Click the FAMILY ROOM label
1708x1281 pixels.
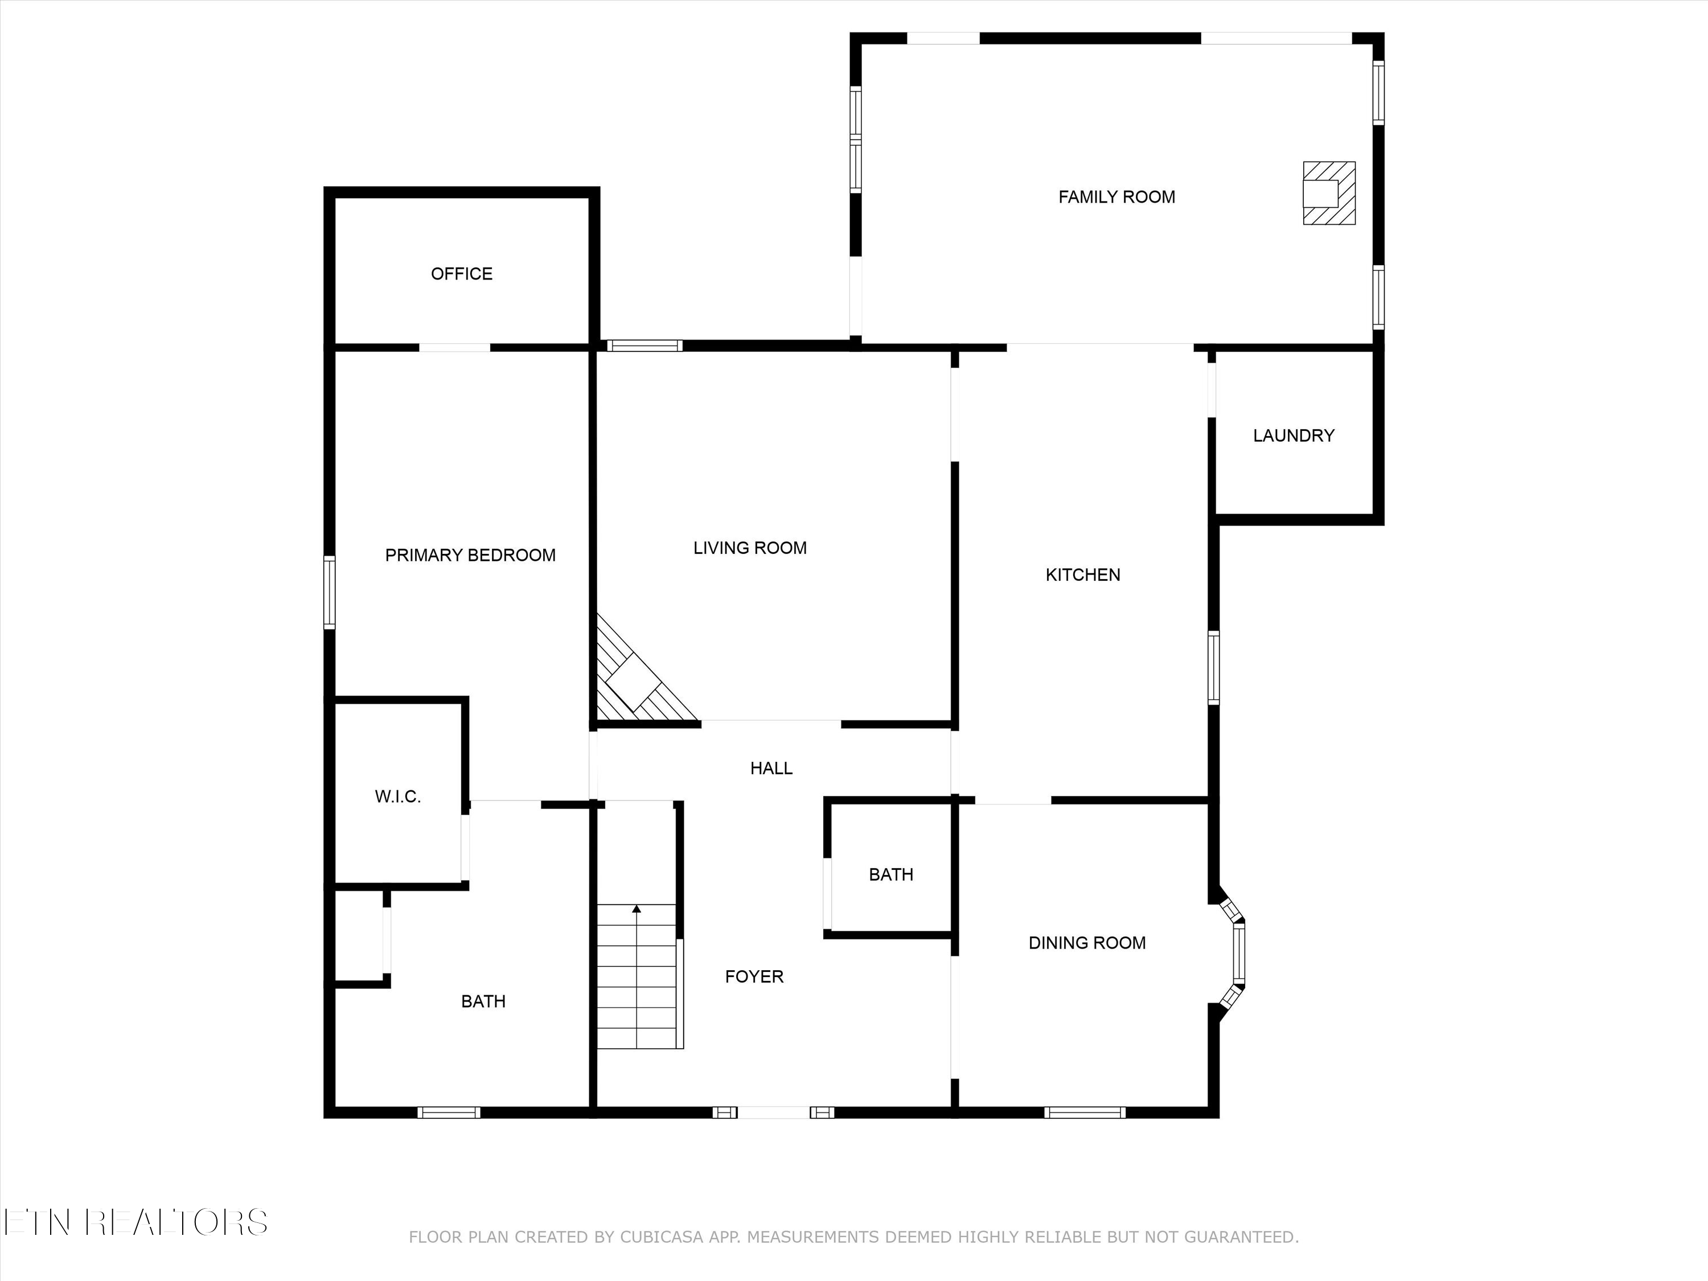click(x=1116, y=197)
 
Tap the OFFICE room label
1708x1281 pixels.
click(x=462, y=273)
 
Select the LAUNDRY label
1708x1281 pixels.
click(x=1294, y=436)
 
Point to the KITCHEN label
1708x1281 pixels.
click(x=1082, y=574)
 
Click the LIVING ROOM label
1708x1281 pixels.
click(x=750, y=548)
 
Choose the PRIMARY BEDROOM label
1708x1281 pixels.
click(x=470, y=555)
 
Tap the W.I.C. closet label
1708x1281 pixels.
click(x=397, y=797)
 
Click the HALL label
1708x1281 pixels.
click(x=771, y=768)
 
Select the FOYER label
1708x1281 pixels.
click(x=754, y=977)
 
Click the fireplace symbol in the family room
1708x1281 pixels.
click(x=1329, y=193)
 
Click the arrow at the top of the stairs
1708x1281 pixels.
click(x=637, y=910)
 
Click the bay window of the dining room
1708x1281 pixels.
click(x=1236, y=954)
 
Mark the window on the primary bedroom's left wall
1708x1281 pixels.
click(x=330, y=592)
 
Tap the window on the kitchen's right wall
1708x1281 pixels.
click(x=1214, y=667)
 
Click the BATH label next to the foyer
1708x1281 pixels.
click(x=891, y=875)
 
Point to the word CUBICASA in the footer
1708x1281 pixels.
click(x=662, y=1259)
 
